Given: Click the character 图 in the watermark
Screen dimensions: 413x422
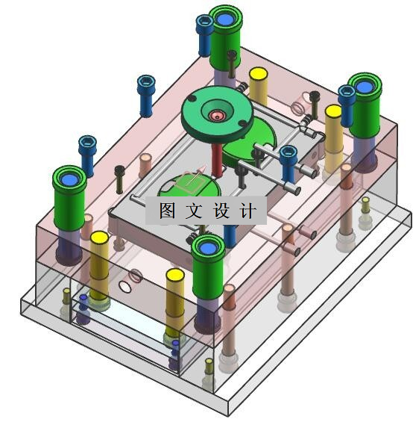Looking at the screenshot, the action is (x=167, y=210).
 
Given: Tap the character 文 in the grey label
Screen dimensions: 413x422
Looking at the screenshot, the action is (x=194, y=210).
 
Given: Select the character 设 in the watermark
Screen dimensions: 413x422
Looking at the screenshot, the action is (x=221, y=210).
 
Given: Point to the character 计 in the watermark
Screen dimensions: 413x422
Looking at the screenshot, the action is (x=248, y=210).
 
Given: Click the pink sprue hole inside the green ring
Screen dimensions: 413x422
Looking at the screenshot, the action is (x=217, y=116).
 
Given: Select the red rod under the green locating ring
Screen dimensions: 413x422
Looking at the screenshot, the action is (x=217, y=160).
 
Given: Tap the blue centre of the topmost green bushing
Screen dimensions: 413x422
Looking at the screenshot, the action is (x=225, y=19).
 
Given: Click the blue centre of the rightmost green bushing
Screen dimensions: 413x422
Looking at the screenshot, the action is (x=365, y=87).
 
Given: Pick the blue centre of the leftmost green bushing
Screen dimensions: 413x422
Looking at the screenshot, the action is (x=69, y=179).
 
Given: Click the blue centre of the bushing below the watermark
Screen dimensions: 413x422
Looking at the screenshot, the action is (x=208, y=248).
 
